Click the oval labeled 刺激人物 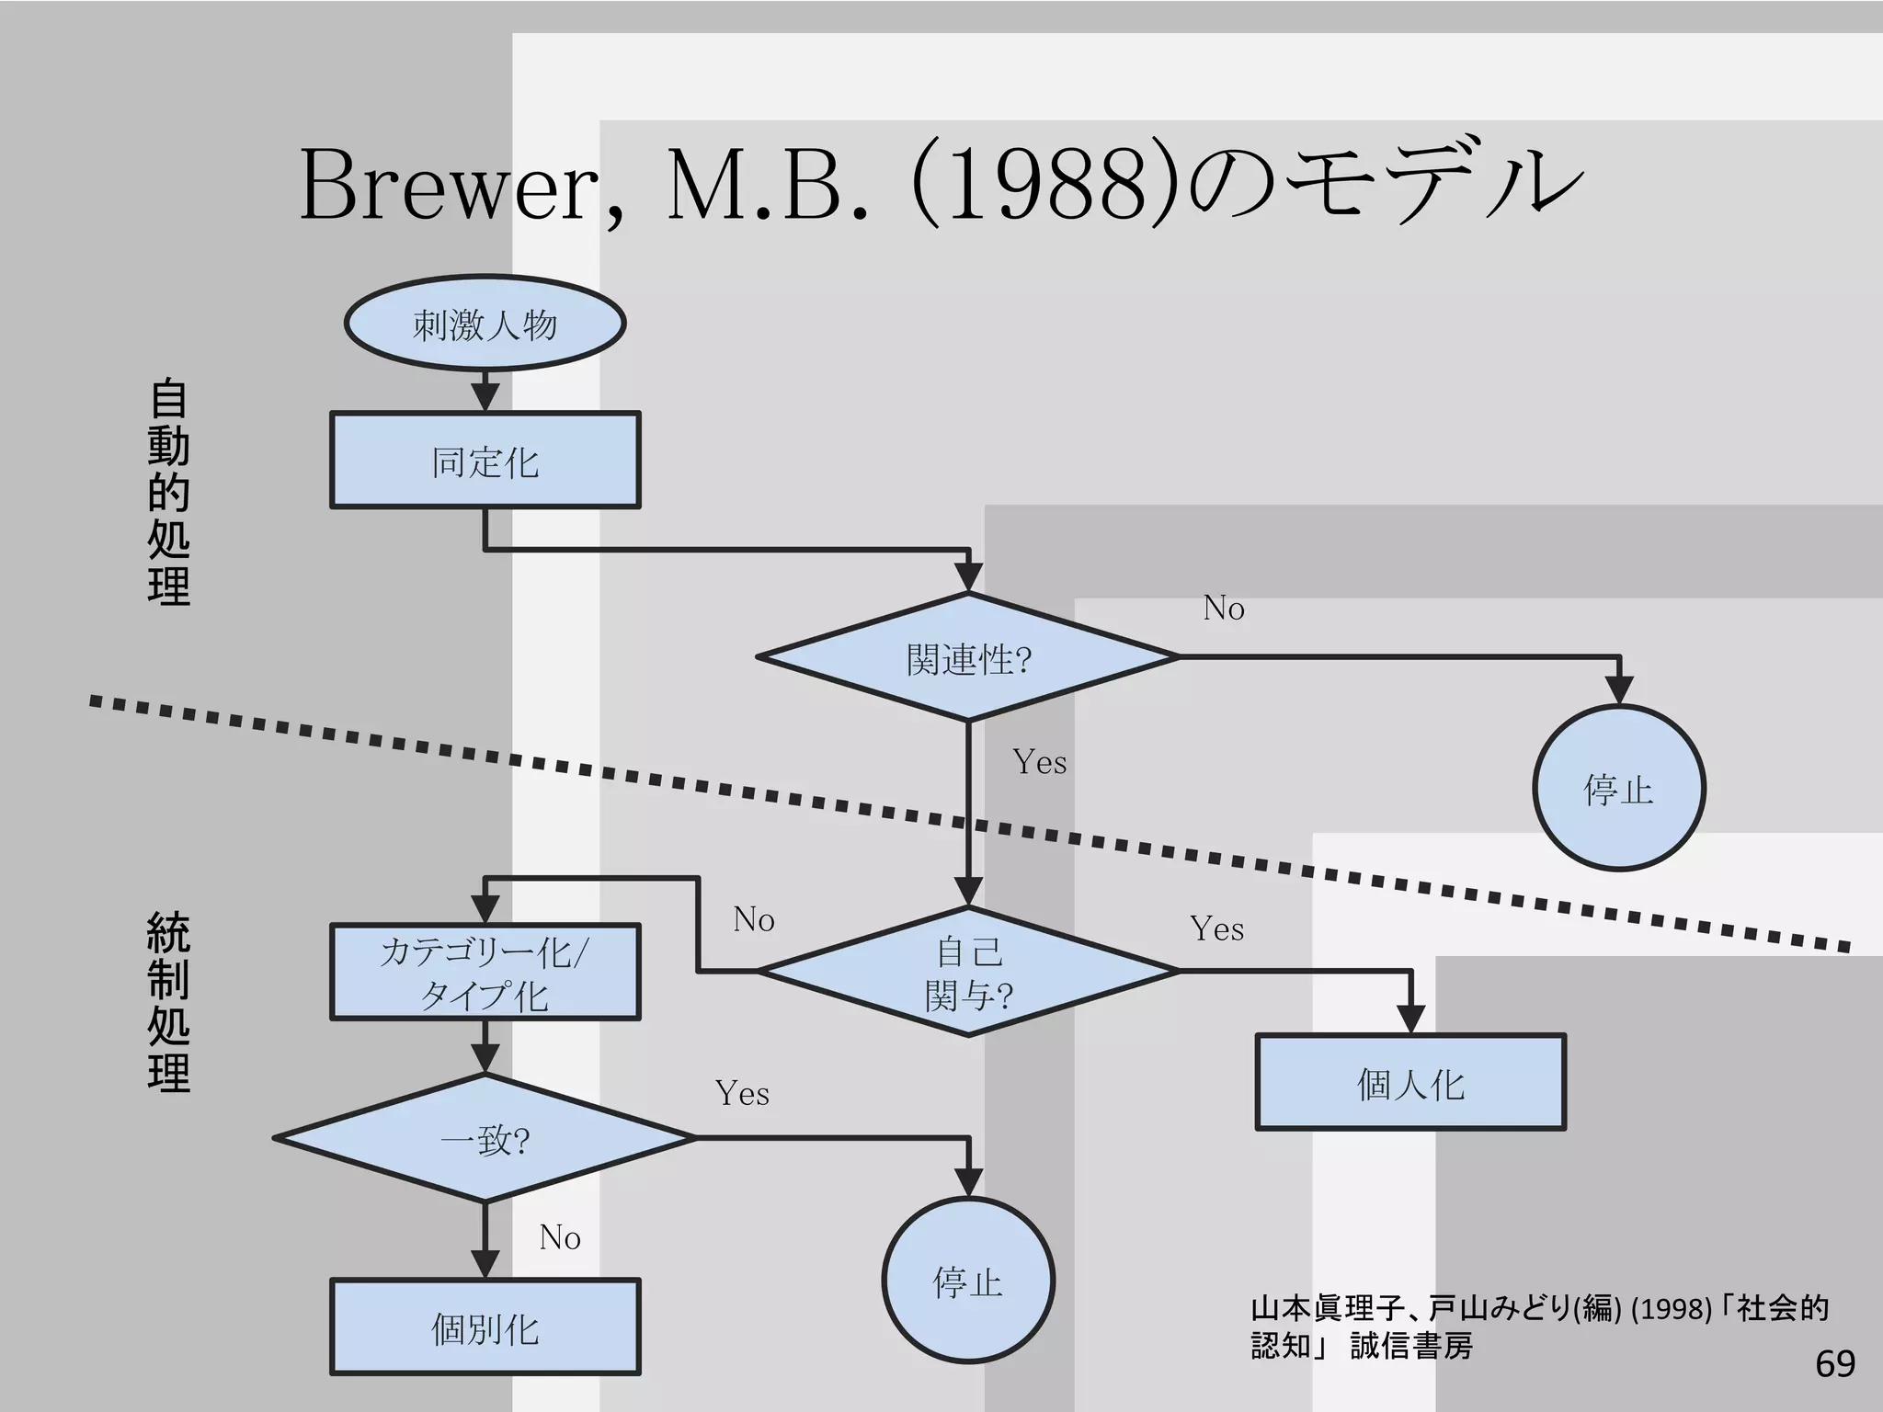tap(485, 324)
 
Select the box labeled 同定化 tap(485, 461)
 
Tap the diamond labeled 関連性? tap(967, 657)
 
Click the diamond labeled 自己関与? tap(967, 972)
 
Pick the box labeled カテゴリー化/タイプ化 tap(485, 973)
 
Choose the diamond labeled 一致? tap(485, 1138)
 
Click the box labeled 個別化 tap(485, 1327)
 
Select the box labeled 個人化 tap(1410, 1083)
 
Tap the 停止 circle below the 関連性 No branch tap(1618, 789)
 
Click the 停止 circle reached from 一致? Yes tap(967, 1281)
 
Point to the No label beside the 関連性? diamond tap(1224, 609)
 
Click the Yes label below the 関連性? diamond tap(1039, 762)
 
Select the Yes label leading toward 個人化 tap(1216, 928)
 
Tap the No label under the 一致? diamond tap(559, 1237)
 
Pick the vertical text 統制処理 tap(168, 1002)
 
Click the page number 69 tap(1834, 1363)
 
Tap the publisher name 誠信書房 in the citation tap(1411, 1346)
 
